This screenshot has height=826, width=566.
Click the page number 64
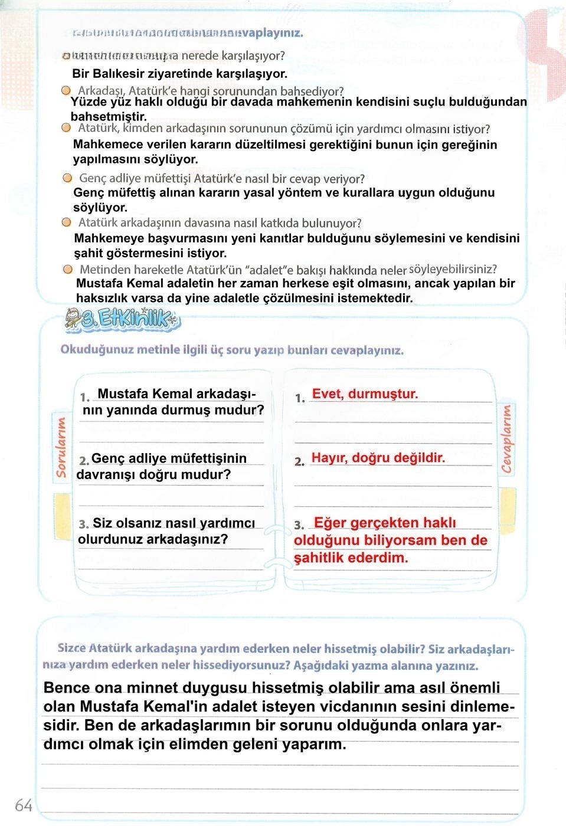point(24,805)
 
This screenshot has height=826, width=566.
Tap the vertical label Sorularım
point(61,447)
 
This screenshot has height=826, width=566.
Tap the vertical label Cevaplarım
point(506,439)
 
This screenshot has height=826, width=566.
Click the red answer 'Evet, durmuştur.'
point(365,394)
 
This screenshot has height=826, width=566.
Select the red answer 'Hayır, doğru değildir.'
point(378,458)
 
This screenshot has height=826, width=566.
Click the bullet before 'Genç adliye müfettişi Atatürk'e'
point(67,178)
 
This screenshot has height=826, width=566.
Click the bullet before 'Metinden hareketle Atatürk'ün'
point(68,270)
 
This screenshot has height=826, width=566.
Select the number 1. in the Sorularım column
point(85,397)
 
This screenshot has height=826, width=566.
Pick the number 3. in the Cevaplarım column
point(299,525)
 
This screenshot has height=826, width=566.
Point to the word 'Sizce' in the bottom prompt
point(71,648)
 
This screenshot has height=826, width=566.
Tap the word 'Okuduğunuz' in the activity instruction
point(96,349)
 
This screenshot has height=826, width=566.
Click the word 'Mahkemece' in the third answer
point(104,145)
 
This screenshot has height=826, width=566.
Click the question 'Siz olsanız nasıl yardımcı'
point(174,523)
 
